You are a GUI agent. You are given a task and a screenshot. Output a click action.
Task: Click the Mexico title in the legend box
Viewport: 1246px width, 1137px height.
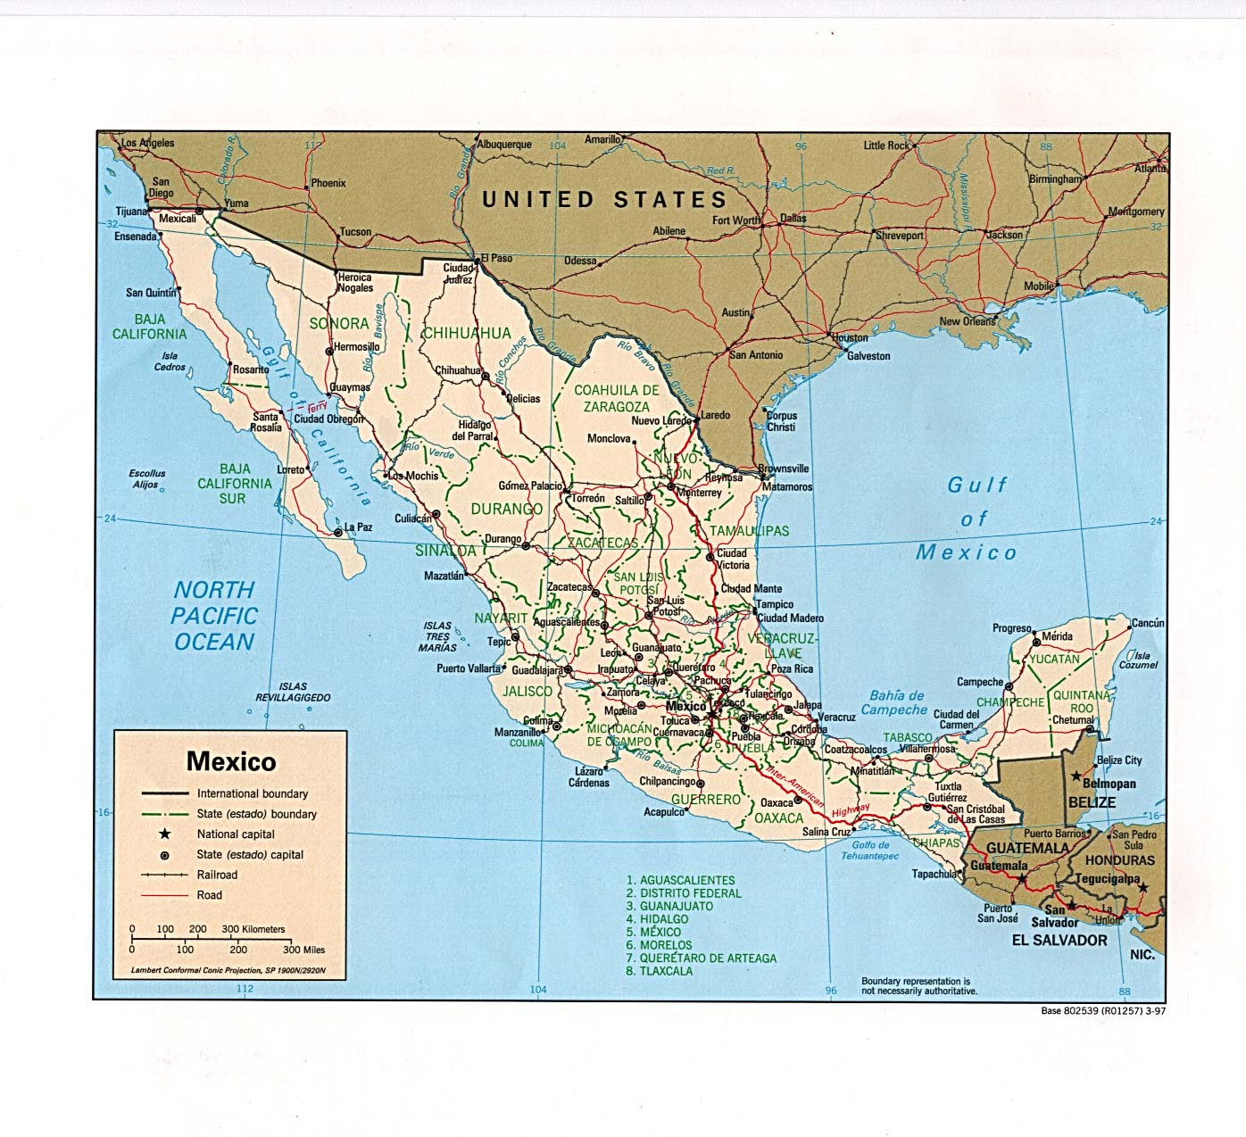click(231, 761)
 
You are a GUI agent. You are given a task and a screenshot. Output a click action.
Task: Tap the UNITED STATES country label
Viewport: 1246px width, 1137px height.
click(604, 199)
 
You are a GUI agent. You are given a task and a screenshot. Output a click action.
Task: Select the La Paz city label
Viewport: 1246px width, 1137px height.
click(358, 527)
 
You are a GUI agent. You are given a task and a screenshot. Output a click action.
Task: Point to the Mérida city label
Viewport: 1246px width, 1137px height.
click(1057, 636)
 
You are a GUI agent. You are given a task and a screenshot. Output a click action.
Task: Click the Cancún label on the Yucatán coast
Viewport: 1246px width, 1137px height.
click(1147, 623)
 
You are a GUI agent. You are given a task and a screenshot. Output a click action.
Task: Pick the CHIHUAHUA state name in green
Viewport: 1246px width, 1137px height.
click(466, 333)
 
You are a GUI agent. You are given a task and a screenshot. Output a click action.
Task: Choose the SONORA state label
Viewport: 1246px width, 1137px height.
click(338, 323)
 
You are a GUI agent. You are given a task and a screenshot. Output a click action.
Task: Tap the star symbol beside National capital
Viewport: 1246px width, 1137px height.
click(164, 834)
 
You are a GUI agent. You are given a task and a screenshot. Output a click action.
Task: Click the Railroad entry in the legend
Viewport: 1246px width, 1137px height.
click(217, 875)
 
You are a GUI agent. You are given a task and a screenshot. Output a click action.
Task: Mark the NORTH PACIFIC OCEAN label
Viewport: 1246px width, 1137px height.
click(214, 616)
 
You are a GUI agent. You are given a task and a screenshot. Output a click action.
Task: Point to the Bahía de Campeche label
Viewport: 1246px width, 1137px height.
click(894, 702)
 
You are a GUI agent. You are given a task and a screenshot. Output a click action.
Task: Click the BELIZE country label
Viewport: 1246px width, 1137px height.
click(1092, 801)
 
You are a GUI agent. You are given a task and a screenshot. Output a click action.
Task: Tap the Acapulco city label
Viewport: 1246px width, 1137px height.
click(664, 812)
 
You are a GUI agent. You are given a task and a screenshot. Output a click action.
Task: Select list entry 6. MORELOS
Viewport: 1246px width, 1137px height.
click(659, 944)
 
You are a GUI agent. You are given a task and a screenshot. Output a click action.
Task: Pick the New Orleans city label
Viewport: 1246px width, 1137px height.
click(967, 321)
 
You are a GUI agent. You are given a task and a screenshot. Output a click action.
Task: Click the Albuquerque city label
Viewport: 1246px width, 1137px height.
click(504, 144)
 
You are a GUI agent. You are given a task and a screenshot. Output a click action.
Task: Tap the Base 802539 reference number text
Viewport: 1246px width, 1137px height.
click(1103, 1011)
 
